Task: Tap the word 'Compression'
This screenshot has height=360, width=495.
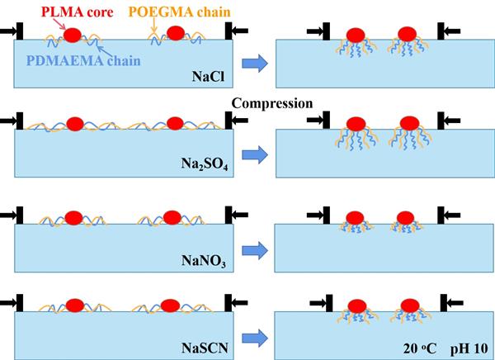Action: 272,104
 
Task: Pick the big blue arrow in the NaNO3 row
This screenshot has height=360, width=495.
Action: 256,245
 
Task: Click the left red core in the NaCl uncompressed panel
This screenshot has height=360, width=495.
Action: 72,36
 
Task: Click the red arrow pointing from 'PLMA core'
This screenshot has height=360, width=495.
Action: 58,24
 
